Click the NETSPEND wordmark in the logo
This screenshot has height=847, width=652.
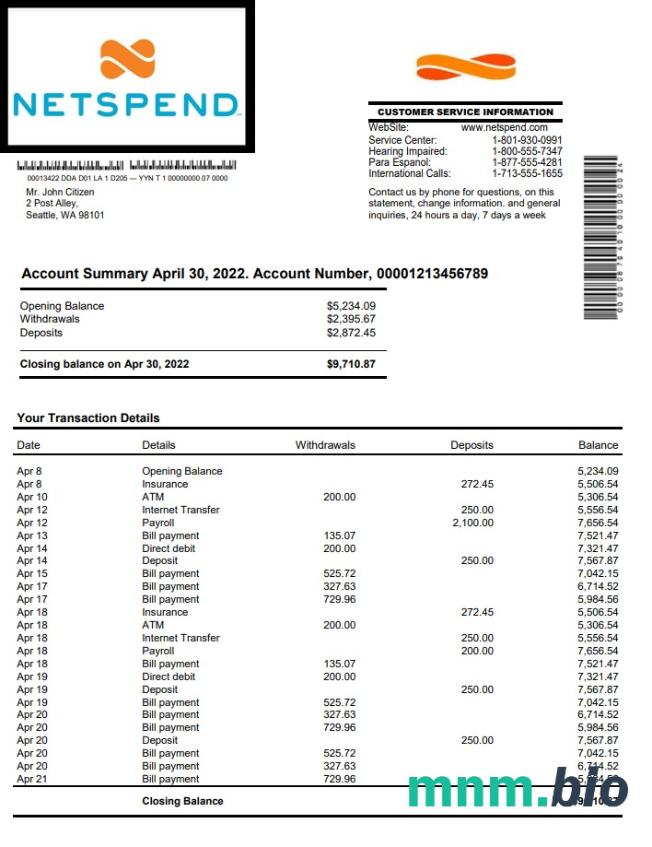tap(125, 105)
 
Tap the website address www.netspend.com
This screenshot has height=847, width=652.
tap(504, 128)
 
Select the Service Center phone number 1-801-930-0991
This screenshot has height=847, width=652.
tap(527, 140)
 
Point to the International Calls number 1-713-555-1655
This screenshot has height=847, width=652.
tap(527, 173)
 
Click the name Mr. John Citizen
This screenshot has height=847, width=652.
tap(60, 192)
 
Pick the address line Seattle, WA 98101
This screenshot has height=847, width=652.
tap(65, 215)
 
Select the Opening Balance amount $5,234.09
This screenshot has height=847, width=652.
tap(351, 306)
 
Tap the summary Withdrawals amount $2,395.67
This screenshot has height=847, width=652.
tap(351, 319)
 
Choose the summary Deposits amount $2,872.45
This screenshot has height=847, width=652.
tap(351, 332)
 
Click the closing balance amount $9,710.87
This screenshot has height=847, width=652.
tap(351, 364)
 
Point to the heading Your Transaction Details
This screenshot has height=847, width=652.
tap(88, 418)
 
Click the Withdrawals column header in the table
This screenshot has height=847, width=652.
tap(325, 445)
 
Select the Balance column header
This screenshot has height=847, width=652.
tap(598, 445)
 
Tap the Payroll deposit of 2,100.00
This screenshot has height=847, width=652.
tap(473, 523)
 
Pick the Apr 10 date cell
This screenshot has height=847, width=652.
tap(32, 497)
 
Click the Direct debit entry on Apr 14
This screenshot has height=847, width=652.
tap(169, 549)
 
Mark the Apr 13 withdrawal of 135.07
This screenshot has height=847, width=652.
tap(339, 536)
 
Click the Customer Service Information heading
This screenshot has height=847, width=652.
tap(465, 112)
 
